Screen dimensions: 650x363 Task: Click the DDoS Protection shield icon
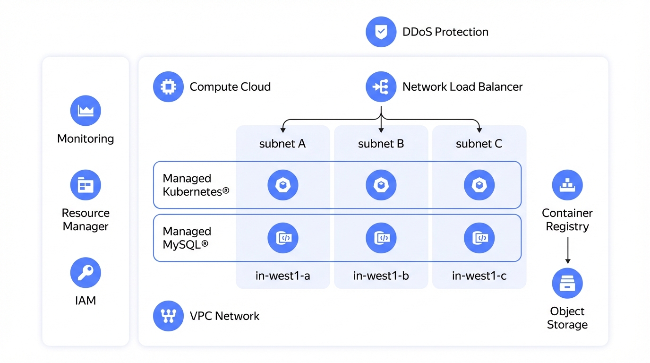(x=381, y=32)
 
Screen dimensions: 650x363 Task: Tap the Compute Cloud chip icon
(x=168, y=86)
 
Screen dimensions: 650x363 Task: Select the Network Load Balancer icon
(x=381, y=86)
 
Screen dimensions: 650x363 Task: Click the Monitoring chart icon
(x=86, y=111)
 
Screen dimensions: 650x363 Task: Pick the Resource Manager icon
(x=86, y=185)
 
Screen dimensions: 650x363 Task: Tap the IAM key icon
(x=86, y=272)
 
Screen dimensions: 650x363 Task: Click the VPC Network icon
(x=168, y=316)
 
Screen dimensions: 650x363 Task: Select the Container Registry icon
(x=567, y=185)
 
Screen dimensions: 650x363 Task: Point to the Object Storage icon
(x=567, y=283)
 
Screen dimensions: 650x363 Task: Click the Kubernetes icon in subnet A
(x=282, y=185)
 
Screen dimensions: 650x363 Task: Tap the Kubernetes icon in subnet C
(x=479, y=185)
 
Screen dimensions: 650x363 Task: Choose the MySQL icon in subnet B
(x=381, y=238)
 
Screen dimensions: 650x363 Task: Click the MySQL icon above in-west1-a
(x=282, y=238)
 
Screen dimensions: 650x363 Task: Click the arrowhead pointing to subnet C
(x=479, y=130)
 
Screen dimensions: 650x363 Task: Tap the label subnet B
(x=381, y=144)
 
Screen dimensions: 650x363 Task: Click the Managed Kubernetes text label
(x=196, y=185)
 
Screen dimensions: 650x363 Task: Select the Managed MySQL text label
(x=187, y=238)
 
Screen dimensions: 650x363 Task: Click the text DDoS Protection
(x=445, y=32)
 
